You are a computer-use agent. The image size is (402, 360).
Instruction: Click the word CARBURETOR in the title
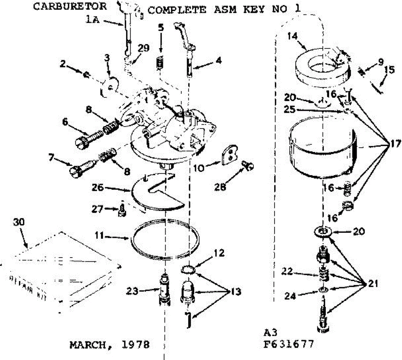coord(70,6)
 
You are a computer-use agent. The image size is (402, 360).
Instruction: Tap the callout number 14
coord(292,36)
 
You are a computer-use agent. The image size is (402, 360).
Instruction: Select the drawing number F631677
coord(288,344)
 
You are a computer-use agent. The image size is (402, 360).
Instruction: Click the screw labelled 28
coord(248,165)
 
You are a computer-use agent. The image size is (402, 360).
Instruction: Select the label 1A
coord(92,20)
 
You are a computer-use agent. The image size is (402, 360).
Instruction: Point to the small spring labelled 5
coord(161,62)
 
